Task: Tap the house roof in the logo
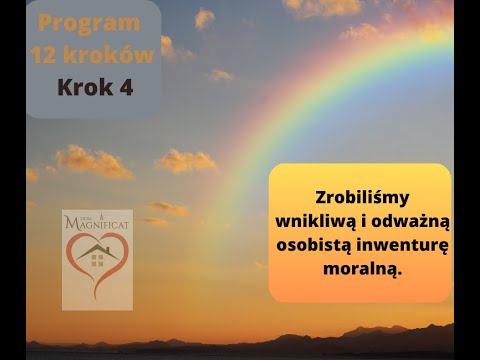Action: (97, 249)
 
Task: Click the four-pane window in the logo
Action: (97, 262)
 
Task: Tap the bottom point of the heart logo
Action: (96, 299)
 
